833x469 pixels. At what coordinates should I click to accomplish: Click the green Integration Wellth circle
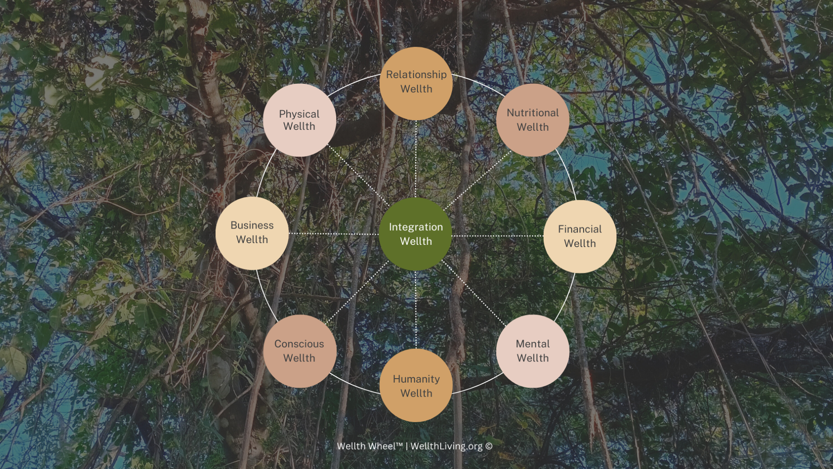point(416,234)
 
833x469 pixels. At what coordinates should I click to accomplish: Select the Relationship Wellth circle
point(416,83)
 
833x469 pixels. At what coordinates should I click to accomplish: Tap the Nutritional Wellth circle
point(533,120)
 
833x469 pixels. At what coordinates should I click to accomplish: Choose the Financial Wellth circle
point(580,236)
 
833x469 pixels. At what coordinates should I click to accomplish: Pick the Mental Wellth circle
point(533,351)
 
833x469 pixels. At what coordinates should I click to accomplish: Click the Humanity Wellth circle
point(416,386)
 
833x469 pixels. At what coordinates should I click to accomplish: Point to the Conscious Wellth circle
point(299,351)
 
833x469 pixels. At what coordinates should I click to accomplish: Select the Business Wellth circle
point(252,233)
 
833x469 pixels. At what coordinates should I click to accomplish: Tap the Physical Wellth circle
point(299,120)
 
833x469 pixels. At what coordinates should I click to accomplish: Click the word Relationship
point(416,75)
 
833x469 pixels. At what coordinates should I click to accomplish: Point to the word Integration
point(416,227)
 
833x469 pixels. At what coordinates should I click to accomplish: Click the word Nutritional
point(533,113)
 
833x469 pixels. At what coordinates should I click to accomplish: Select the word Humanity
point(416,379)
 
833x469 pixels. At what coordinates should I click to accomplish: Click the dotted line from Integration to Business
point(333,234)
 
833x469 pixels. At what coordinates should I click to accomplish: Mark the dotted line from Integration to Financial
point(498,236)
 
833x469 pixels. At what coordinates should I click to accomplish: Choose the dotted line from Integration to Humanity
point(416,309)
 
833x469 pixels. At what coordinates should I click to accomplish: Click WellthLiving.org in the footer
point(446,446)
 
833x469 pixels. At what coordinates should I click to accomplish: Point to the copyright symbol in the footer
point(489,446)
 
